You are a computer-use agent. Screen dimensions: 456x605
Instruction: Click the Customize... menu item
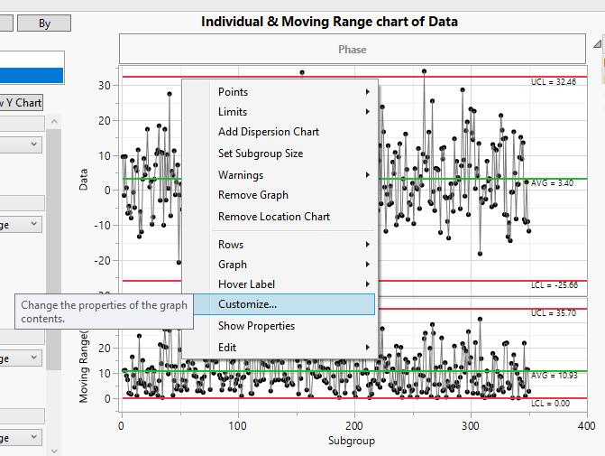coord(248,304)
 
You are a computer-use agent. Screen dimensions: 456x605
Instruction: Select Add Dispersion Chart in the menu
coord(268,132)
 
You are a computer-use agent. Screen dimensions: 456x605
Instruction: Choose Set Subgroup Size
coord(261,154)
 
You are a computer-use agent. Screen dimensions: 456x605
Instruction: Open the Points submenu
coord(233,92)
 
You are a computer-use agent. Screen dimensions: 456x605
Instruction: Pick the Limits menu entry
coord(233,112)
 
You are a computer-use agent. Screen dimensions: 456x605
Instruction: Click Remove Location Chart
coord(273,217)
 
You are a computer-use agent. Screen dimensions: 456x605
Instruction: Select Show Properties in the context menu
coord(256,326)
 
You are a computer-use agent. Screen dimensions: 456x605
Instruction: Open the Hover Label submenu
coord(246,284)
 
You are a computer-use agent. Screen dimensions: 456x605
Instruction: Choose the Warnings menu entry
coord(240,175)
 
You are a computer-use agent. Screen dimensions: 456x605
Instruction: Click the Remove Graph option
coord(252,195)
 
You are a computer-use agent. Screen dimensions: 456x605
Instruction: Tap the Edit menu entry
coord(228,348)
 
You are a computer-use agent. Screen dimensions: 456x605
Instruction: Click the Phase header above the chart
coord(353,50)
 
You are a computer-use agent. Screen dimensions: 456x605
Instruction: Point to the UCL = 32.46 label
coord(552,82)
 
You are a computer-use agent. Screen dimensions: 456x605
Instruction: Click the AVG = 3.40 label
coord(552,183)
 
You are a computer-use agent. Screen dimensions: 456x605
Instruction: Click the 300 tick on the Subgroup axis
coord(470,426)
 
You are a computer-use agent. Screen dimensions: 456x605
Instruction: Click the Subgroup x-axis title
coord(353,442)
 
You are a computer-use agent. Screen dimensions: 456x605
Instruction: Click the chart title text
coord(329,22)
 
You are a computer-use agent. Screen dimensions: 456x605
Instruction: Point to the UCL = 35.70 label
coord(552,313)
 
